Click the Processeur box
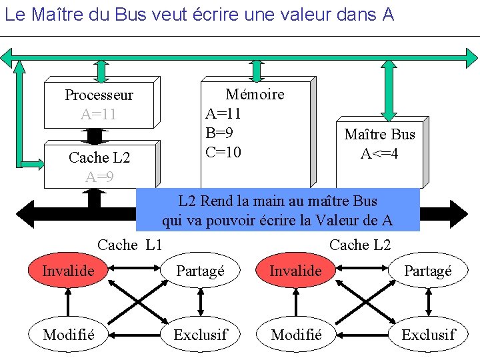(100, 103)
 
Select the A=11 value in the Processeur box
(99, 114)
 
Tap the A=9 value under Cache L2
(99, 177)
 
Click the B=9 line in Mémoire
(219, 133)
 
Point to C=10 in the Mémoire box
(223, 152)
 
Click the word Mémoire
(255, 95)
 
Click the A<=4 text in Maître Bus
(379, 154)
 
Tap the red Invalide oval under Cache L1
(68, 271)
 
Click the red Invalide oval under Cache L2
(295, 271)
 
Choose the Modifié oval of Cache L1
(68, 335)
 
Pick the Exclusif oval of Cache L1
(200, 335)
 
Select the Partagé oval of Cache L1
(200, 271)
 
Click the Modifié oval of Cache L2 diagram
(295, 335)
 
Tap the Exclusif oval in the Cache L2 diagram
(428, 335)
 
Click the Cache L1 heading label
(130, 245)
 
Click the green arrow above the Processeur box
(101, 69)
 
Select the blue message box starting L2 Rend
(277, 210)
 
